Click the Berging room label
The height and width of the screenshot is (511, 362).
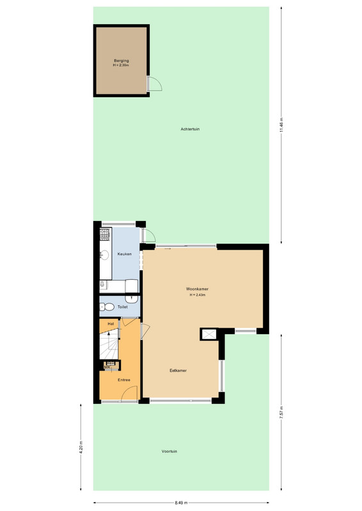(122, 61)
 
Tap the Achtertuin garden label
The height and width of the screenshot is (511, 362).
(190, 129)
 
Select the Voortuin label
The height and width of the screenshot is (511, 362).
(169, 452)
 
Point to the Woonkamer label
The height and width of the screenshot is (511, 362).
(197, 289)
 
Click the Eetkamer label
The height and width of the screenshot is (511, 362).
(178, 370)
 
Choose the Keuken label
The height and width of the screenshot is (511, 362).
(124, 254)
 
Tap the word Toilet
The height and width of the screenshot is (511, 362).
(122, 307)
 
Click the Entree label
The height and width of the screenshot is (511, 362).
(124, 380)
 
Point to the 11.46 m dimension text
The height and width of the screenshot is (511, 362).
(281, 125)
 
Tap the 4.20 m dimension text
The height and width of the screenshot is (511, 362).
(81, 446)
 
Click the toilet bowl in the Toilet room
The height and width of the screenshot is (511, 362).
(107, 307)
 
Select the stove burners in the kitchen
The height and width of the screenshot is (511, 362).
(104, 234)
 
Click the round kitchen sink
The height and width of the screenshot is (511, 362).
(104, 255)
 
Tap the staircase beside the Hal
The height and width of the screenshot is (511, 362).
(109, 344)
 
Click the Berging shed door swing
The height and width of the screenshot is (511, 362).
(155, 84)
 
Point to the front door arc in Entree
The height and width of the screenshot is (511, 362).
(129, 392)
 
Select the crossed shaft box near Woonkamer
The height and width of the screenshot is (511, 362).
(209, 334)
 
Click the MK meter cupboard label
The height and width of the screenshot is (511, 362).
(107, 367)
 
